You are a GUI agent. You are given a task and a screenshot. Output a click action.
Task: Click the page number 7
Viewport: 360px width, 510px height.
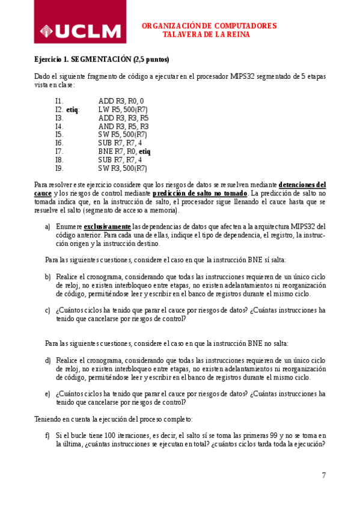click(x=324, y=475)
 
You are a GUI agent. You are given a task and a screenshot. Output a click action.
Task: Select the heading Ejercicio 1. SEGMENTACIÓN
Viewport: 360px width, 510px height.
click(x=102, y=60)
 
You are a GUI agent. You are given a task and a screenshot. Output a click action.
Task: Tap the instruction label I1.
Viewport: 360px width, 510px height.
click(x=59, y=101)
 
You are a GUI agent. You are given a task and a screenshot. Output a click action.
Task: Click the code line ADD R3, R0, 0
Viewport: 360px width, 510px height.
click(x=121, y=101)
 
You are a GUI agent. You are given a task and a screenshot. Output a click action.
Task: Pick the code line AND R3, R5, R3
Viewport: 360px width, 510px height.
click(x=123, y=126)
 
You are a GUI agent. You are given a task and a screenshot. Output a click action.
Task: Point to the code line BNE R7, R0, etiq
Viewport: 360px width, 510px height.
click(x=124, y=152)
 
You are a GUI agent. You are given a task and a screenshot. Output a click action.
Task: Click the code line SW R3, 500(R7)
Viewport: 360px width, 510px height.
click(x=123, y=168)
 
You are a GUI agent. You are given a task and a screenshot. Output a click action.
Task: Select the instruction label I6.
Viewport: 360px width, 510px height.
click(x=59, y=143)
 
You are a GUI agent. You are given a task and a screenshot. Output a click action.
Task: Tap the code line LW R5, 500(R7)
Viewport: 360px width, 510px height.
click(x=123, y=109)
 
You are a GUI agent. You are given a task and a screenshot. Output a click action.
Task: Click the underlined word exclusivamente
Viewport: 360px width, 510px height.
click(x=107, y=226)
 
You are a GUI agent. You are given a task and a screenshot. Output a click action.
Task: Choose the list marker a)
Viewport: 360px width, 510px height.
click(x=47, y=226)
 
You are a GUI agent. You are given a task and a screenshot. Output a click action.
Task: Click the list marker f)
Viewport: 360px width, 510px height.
click(x=47, y=435)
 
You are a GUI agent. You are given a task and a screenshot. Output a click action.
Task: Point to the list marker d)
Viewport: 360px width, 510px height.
click(x=47, y=360)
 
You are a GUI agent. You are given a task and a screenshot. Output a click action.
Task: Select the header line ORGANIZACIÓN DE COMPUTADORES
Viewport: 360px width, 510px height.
click(x=209, y=26)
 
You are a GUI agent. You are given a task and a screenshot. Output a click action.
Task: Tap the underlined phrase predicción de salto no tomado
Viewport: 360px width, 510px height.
click(x=200, y=193)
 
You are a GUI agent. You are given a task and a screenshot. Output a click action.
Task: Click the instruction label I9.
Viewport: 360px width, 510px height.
click(x=59, y=168)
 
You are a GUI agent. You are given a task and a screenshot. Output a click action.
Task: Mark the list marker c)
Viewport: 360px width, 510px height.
click(x=47, y=310)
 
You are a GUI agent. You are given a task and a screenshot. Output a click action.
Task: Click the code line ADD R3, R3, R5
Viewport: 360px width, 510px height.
click(x=123, y=118)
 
